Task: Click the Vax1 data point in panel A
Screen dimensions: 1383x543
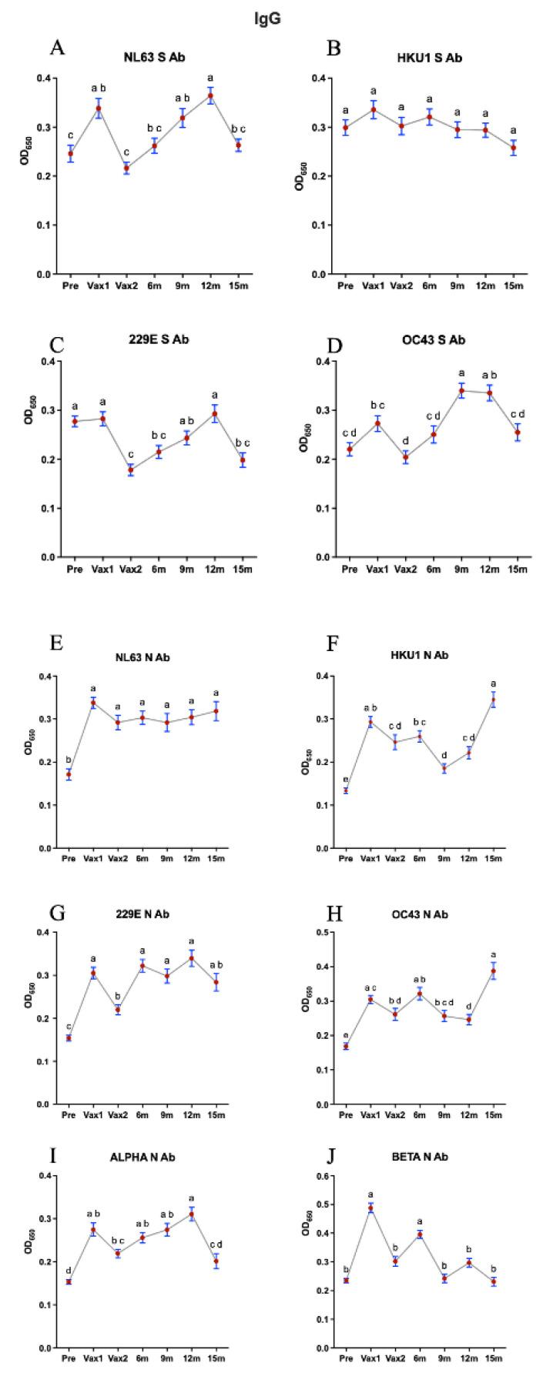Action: click(98, 109)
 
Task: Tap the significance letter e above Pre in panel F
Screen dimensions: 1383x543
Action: click(345, 780)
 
